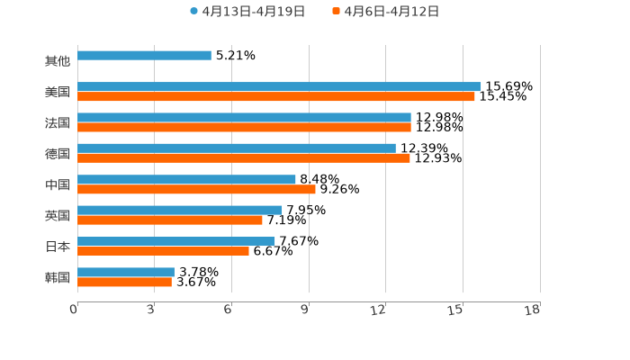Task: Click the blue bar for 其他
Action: pyautogui.click(x=144, y=56)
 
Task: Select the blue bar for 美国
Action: pyautogui.click(x=279, y=86)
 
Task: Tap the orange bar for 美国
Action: pyautogui.click(x=276, y=96)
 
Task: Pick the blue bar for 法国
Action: pyautogui.click(x=244, y=117)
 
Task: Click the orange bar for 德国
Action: pyautogui.click(x=244, y=158)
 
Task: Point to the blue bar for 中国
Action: pyautogui.click(x=186, y=179)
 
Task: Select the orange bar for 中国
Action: pyautogui.click(x=196, y=189)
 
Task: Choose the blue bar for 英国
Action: pyautogui.click(x=180, y=210)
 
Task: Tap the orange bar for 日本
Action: pyautogui.click(x=163, y=251)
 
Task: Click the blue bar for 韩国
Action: pyautogui.click(x=126, y=272)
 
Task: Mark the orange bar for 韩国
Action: pyautogui.click(x=124, y=282)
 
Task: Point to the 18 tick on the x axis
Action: pyautogui.click(x=533, y=310)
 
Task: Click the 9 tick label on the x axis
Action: pyautogui.click(x=305, y=310)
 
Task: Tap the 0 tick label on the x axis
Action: pyautogui.click(x=74, y=310)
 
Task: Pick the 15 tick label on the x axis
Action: pyautogui.click(x=456, y=310)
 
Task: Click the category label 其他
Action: pyautogui.click(x=57, y=61)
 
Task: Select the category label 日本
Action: pyautogui.click(x=57, y=247)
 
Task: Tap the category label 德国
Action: pyautogui.click(x=57, y=154)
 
